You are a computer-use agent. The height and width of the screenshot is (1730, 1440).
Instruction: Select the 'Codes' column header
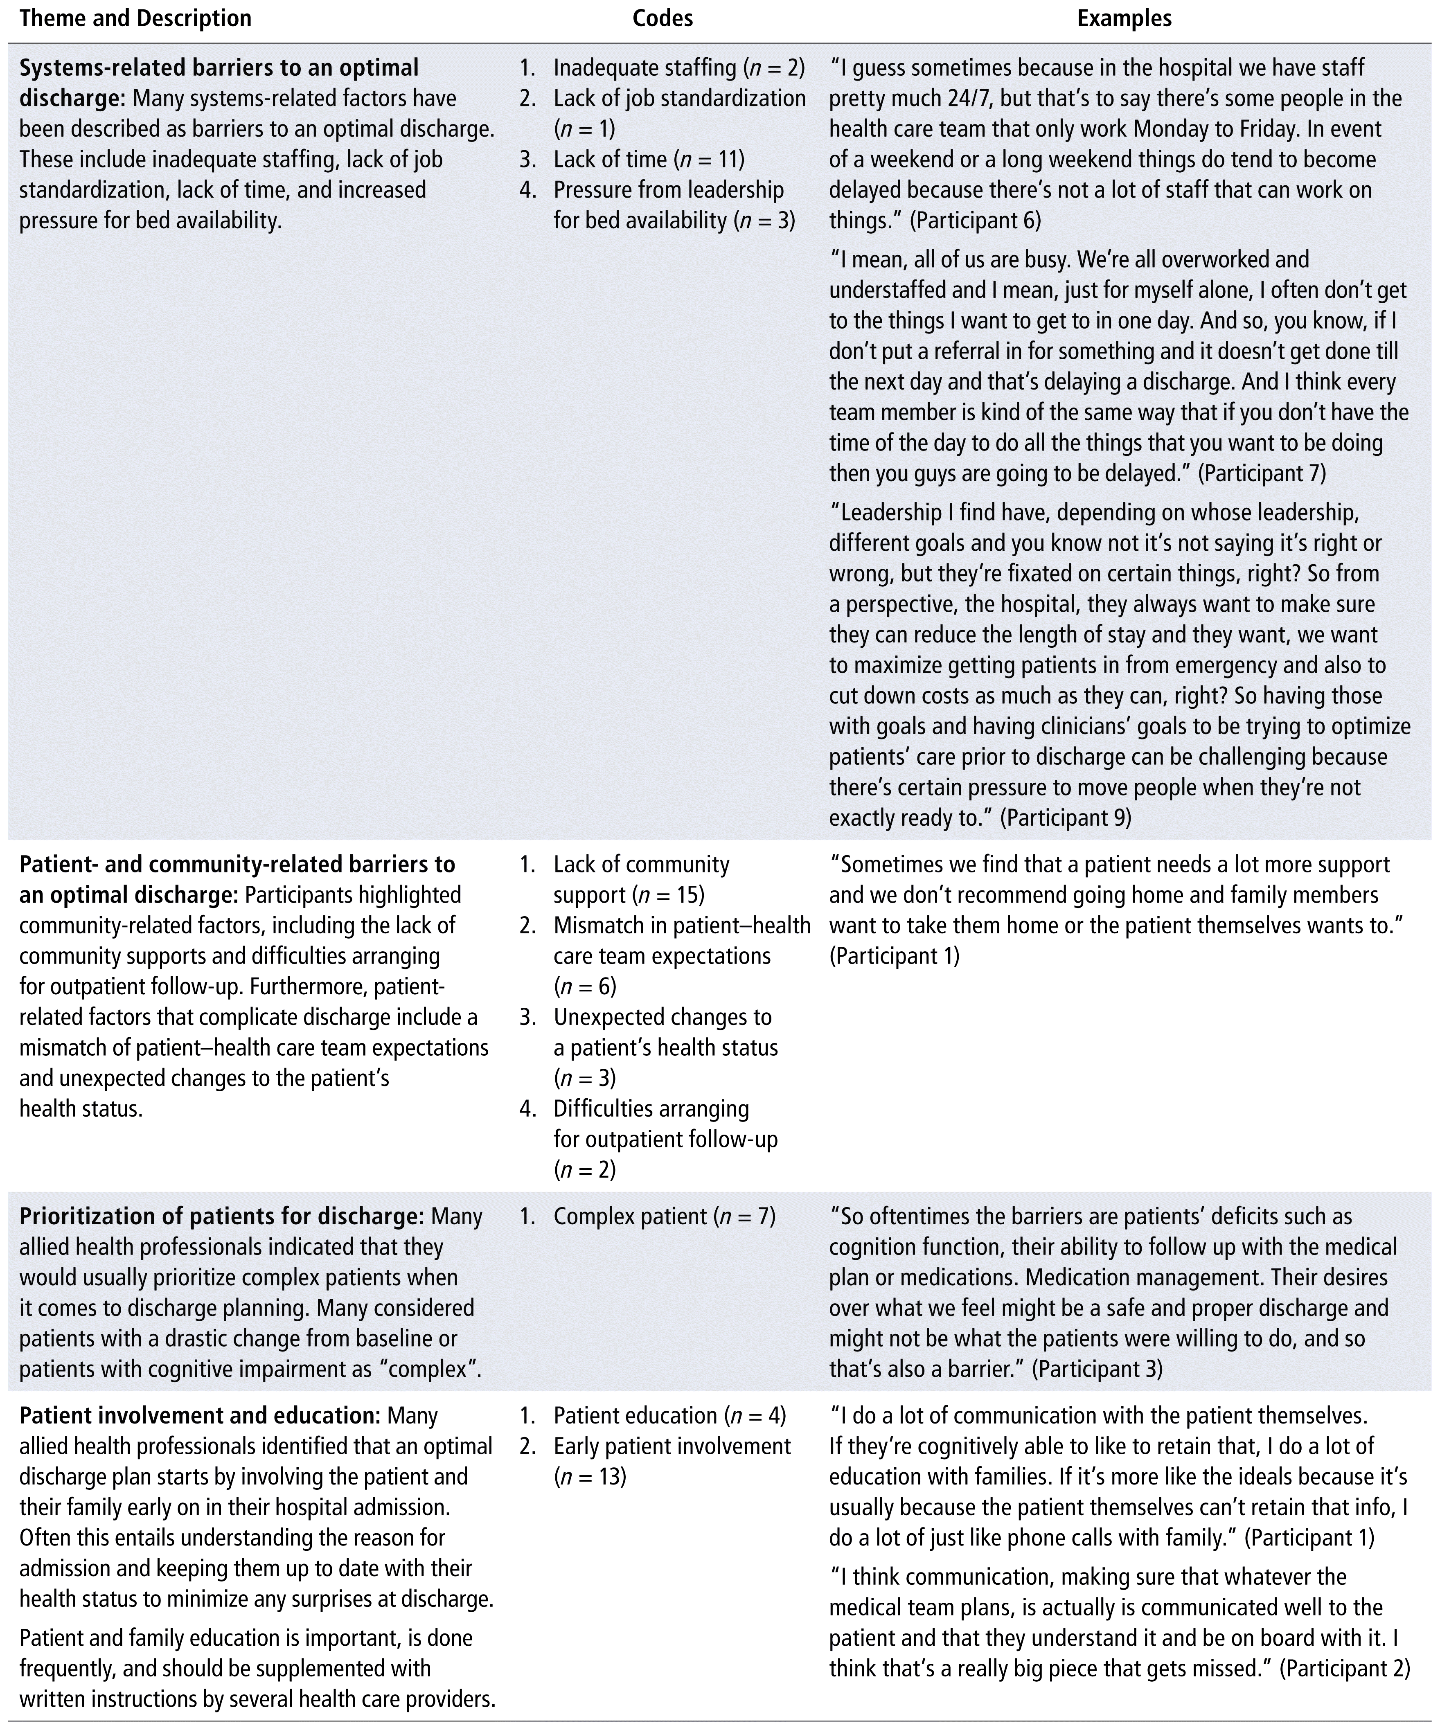click(663, 18)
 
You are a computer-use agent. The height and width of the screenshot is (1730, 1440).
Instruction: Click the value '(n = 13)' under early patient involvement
click(590, 1476)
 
